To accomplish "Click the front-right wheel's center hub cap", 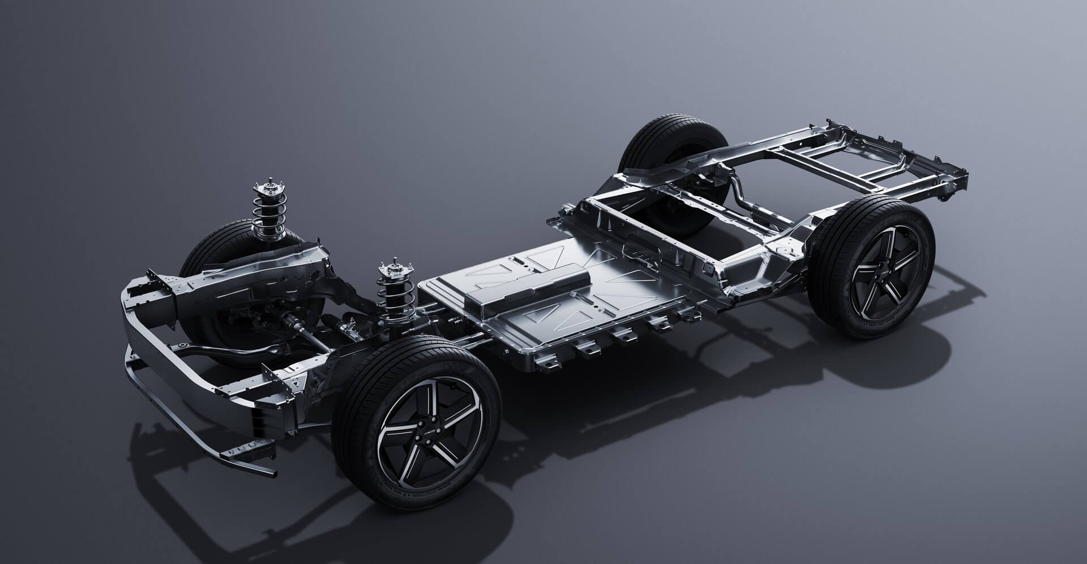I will pos(429,438).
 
